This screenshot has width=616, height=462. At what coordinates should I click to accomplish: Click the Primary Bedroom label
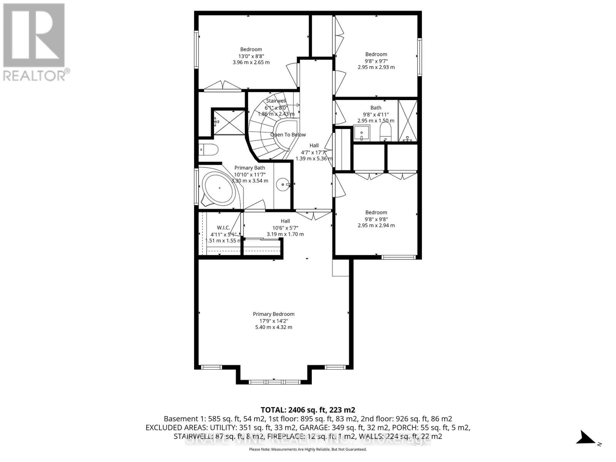[x=273, y=314]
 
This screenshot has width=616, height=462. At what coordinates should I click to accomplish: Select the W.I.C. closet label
[x=223, y=228]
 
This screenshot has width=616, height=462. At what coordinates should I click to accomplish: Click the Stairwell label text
[x=276, y=101]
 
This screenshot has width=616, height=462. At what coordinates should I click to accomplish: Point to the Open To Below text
[x=288, y=135]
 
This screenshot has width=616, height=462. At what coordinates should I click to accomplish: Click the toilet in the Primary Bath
[x=209, y=149]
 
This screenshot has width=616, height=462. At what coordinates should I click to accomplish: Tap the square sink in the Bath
[x=362, y=133]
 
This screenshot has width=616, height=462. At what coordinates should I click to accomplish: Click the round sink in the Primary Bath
[x=283, y=185]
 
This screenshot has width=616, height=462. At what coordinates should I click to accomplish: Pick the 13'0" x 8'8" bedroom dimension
[x=251, y=56]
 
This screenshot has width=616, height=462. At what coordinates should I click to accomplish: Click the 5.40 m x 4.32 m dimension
[x=273, y=327]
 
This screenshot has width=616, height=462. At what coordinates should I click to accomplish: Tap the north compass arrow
[x=586, y=438]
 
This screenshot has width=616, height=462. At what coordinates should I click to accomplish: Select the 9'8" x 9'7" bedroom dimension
[x=376, y=61]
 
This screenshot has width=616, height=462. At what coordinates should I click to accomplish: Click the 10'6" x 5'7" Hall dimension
[x=285, y=228]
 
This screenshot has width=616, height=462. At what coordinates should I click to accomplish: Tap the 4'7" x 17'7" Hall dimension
[x=314, y=152]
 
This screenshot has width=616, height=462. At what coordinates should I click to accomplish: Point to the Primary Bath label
[x=249, y=168]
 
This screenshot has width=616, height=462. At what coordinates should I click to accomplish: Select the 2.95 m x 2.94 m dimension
[x=376, y=226]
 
